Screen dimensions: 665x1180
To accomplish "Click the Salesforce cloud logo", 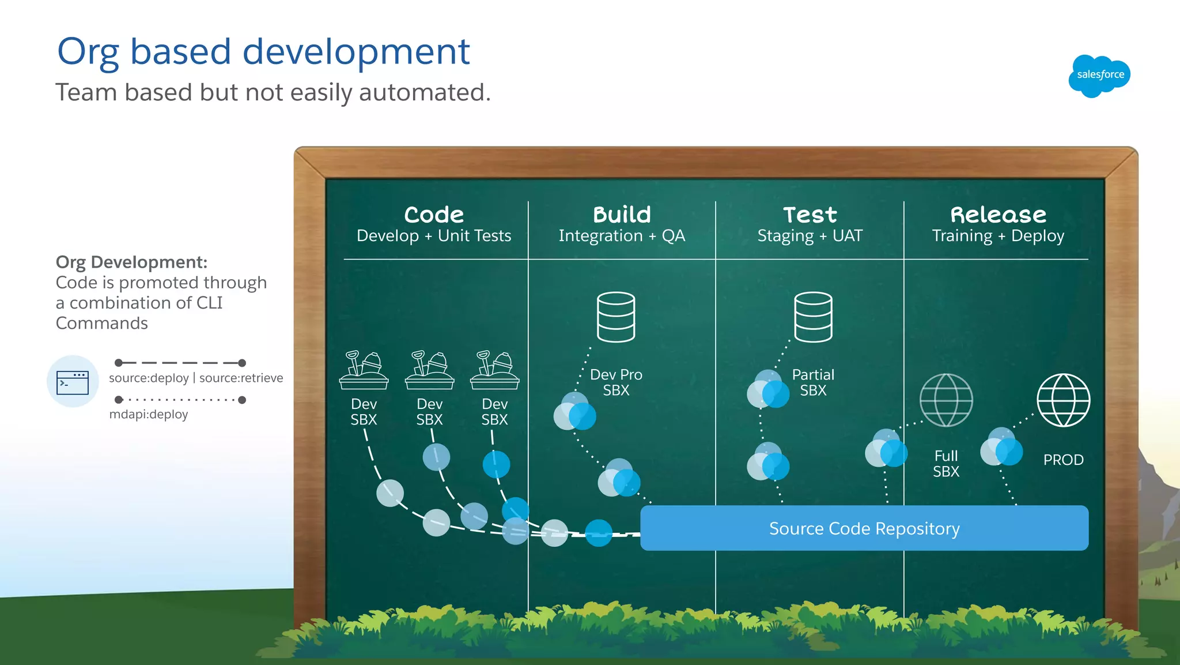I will (x=1099, y=76).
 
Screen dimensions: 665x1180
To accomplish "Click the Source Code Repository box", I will (x=864, y=528).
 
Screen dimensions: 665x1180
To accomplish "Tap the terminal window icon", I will (x=73, y=382).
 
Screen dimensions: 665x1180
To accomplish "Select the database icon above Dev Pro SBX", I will (x=616, y=317).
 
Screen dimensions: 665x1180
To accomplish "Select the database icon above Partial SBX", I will (x=813, y=317).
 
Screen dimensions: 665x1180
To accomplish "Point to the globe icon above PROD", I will (x=1063, y=400).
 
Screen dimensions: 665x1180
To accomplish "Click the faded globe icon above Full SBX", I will (x=946, y=400).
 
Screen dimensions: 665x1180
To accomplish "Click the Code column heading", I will (x=434, y=215).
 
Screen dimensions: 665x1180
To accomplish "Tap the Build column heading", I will (x=622, y=215).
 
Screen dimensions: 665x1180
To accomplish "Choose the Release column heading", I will (x=998, y=215).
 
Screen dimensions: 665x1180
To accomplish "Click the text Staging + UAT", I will (x=810, y=236).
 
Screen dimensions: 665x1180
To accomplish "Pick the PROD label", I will (x=1063, y=460).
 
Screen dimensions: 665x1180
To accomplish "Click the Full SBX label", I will (x=946, y=464).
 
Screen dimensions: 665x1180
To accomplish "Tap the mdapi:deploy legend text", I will (x=149, y=414).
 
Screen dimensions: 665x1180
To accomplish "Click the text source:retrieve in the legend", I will (x=241, y=378).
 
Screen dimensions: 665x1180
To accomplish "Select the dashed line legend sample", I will (x=180, y=363).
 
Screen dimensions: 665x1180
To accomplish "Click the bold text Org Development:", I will (x=131, y=262).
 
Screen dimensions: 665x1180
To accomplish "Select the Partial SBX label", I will (x=813, y=382).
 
